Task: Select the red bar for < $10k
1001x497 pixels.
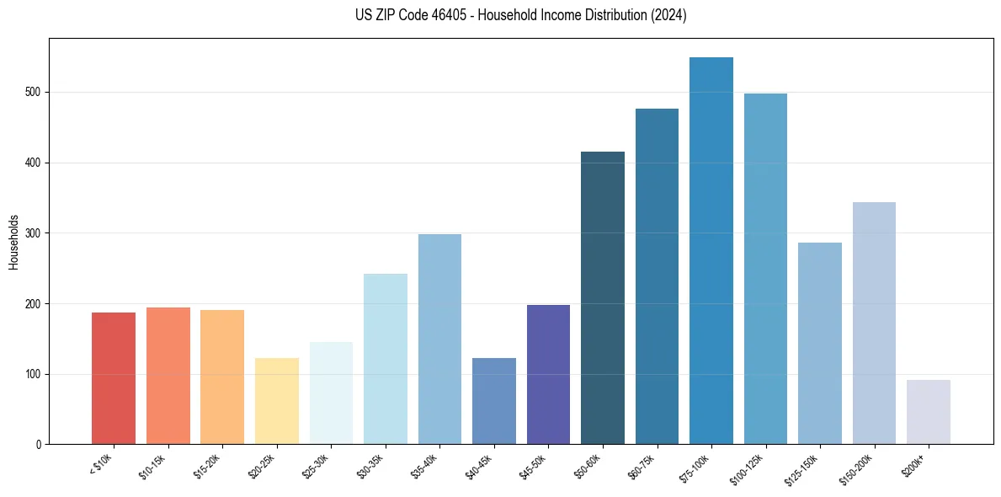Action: tap(114, 378)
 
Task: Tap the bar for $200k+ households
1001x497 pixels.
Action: tap(928, 412)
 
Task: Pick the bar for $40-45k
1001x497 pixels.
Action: tap(493, 401)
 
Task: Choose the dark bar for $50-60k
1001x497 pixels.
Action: tap(602, 298)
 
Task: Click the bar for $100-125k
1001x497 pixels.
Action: tap(765, 269)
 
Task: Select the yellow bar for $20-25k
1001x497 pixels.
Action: tap(276, 401)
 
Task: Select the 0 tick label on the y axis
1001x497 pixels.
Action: tap(40, 445)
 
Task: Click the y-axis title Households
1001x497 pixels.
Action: tap(13, 241)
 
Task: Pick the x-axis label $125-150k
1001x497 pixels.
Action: tap(805, 468)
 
